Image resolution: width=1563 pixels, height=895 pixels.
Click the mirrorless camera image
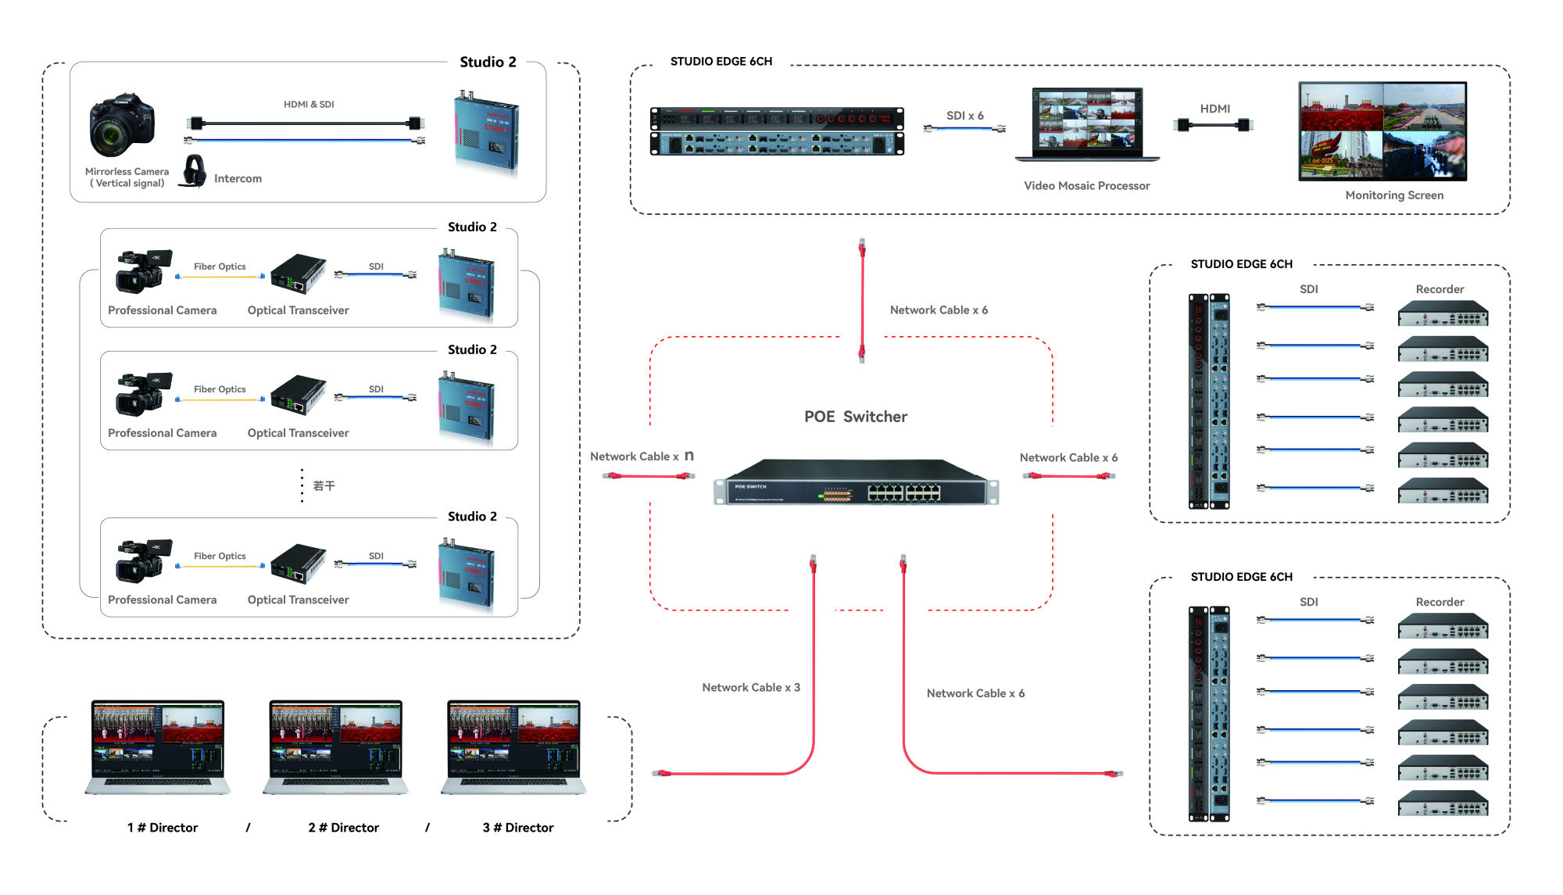point(122,125)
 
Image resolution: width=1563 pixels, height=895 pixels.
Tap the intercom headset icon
point(193,170)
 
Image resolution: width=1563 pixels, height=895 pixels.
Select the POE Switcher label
point(856,417)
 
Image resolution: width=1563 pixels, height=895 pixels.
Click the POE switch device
point(856,483)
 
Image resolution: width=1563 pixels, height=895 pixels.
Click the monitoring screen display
point(1382,131)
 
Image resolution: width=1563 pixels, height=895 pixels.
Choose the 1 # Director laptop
point(158,747)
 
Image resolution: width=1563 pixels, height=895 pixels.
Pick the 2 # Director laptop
point(336,747)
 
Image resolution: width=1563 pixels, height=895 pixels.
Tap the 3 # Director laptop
point(513,747)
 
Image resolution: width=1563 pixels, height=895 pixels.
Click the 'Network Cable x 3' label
point(751,688)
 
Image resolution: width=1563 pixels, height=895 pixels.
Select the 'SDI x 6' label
point(965,116)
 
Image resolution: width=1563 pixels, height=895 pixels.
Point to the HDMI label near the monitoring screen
point(1215,109)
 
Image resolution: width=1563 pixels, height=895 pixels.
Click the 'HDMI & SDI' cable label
point(309,105)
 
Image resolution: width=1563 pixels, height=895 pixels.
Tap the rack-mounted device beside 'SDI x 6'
point(777,131)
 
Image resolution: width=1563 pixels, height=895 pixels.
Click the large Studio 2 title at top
point(488,63)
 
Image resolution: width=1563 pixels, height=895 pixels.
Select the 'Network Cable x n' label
point(642,456)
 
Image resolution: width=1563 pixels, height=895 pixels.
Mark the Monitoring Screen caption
point(1394,195)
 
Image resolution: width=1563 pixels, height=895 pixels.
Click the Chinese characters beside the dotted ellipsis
point(324,486)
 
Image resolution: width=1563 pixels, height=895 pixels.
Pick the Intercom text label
point(238,179)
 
